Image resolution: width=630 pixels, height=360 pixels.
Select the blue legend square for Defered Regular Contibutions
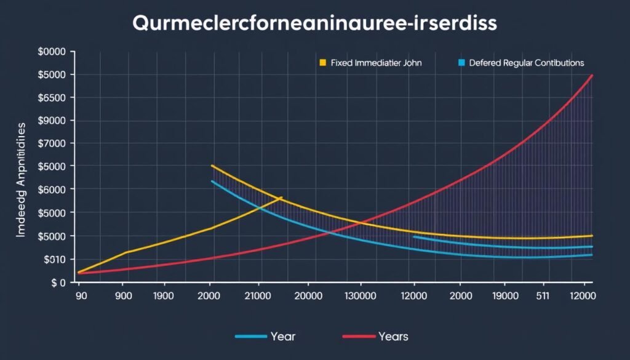(461, 63)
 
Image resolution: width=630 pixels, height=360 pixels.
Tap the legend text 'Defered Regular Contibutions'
(526, 63)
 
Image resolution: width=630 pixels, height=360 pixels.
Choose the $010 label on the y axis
(54, 259)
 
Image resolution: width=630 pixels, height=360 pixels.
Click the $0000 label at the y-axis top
(52, 52)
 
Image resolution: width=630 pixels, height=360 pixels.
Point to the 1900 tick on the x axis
(165, 296)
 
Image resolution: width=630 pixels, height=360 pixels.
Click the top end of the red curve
(592, 75)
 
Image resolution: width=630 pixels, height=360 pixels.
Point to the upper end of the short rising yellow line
(281, 198)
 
